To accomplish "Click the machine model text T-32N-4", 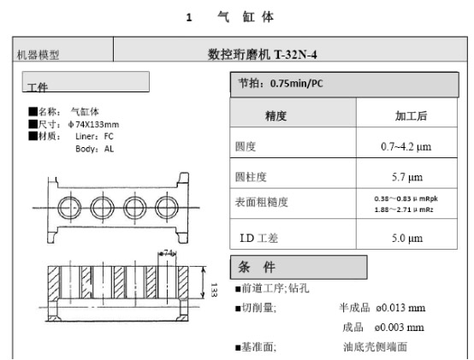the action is pyautogui.click(x=295, y=55).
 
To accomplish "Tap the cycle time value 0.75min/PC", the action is pyautogui.click(x=296, y=83).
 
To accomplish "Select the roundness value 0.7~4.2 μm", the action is pyautogui.click(x=406, y=147).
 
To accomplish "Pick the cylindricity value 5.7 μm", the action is pyautogui.click(x=407, y=177).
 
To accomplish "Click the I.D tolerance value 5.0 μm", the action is pyautogui.click(x=407, y=238).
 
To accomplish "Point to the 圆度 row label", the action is pyautogui.click(x=246, y=147).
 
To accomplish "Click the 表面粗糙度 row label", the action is pyautogui.click(x=261, y=202).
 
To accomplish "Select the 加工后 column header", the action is pyautogui.click(x=412, y=116).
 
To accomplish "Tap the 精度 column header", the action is pyautogui.click(x=276, y=116).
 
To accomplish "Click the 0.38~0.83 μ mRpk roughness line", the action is pyautogui.click(x=406, y=198).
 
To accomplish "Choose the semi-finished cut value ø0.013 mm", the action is pyautogui.click(x=400, y=308).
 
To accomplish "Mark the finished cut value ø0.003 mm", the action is pyautogui.click(x=399, y=328).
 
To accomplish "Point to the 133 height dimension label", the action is pyautogui.click(x=214, y=290).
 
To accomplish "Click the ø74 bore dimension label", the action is pyautogui.click(x=168, y=252).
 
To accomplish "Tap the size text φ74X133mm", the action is pyautogui.click(x=94, y=125).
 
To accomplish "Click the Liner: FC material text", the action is pyautogui.click(x=94, y=137).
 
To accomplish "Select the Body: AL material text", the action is pyautogui.click(x=95, y=149).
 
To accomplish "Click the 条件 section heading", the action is pyautogui.click(x=257, y=268).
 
